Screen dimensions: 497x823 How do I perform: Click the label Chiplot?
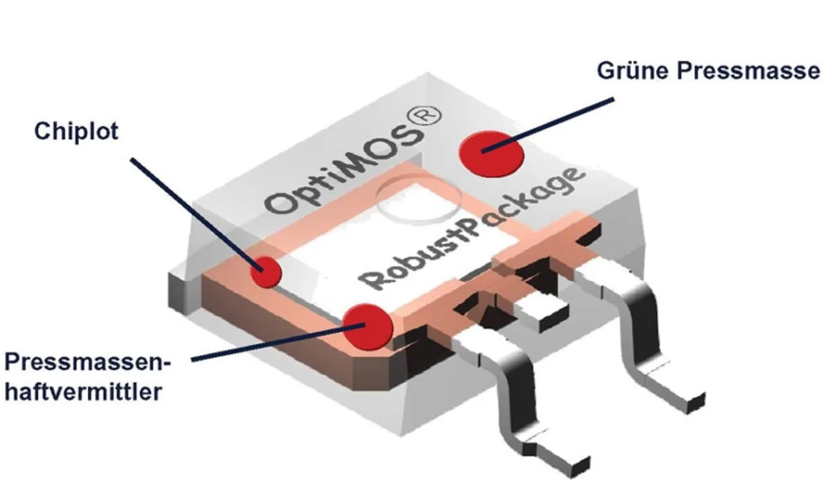coord(77,131)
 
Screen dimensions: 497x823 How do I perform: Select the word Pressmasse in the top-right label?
coord(749,70)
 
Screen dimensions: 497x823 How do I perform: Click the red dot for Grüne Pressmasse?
coord(491,152)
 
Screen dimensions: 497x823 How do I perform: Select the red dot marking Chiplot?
coord(266,272)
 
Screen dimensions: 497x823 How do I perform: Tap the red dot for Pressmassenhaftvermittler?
coord(367,325)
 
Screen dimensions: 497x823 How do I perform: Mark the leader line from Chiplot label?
coord(193,212)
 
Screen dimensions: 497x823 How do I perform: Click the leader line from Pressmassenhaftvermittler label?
coord(270,344)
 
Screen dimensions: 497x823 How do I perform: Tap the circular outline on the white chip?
coord(418,202)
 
